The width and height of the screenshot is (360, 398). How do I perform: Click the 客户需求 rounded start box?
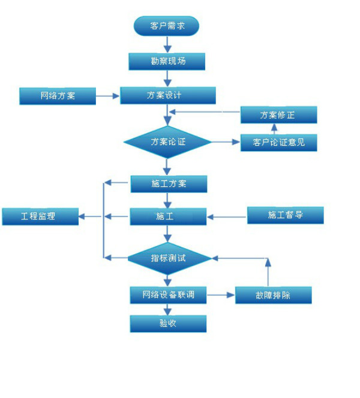(166, 26)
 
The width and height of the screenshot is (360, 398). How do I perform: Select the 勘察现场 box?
(167, 61)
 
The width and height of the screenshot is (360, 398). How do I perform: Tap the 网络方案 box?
(58, 96)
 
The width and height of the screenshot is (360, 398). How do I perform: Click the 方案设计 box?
(168, 95)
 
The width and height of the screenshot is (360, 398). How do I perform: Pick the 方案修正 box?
(278, 115)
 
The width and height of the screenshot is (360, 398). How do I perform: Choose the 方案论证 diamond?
(168, 142)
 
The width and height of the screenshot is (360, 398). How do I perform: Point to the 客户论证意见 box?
(278, 143)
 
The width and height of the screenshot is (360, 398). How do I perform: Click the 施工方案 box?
(169, 183)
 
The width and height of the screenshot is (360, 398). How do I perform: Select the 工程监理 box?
(40, 216)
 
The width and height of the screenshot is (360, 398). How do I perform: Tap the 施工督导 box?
(285, 215)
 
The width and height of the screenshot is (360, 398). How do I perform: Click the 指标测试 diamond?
(169, 258)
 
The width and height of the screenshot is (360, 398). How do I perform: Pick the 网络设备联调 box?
(169, 295)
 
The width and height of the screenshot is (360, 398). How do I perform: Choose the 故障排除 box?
(273, 295)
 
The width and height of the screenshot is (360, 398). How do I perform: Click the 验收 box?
(169, 324)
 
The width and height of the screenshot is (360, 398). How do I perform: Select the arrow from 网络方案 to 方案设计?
(108, 95)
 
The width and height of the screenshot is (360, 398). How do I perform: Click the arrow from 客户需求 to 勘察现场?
(167, 44)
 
